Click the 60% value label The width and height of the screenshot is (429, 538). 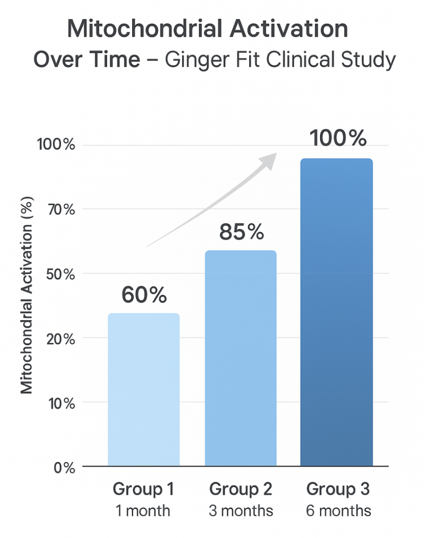point(144,295)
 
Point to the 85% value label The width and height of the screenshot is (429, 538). point(241,232)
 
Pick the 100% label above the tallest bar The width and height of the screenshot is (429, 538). point(338,138)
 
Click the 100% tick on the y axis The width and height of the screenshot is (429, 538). point(56,145)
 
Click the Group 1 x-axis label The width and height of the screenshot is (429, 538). point(143,489)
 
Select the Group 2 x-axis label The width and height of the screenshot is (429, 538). point(241,489)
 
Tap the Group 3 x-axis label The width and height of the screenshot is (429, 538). point(338,489)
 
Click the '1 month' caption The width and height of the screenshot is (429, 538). point(143,511)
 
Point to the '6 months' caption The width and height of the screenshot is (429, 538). point(338,511)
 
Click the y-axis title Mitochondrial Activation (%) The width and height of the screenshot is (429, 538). point(27,295)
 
